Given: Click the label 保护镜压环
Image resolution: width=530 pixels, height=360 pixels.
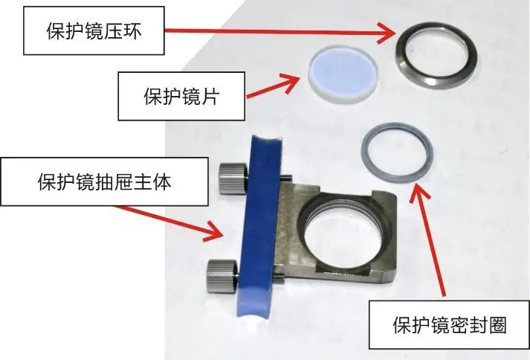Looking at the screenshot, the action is click(94, 31).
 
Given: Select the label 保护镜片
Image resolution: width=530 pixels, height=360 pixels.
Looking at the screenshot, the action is click(181, 96).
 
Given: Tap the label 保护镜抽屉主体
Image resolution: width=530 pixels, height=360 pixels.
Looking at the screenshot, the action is click(105, 181).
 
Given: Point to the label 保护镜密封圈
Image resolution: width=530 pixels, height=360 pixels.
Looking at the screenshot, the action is click(450, 325).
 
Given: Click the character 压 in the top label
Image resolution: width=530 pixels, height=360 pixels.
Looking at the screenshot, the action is click(113, 31).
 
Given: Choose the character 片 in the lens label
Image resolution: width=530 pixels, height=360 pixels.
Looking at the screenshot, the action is click(210, 96).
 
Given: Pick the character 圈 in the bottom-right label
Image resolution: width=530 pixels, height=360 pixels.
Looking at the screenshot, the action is click(497, 325).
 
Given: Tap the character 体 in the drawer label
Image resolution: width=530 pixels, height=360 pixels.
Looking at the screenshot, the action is click(162, 181).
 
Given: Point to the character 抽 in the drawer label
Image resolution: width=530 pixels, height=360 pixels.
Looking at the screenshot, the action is click(105, 181).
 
